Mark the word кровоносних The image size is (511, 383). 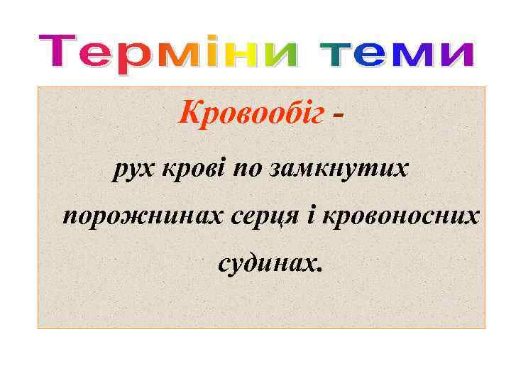point(400,216)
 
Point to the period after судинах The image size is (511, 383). point(320,270)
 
